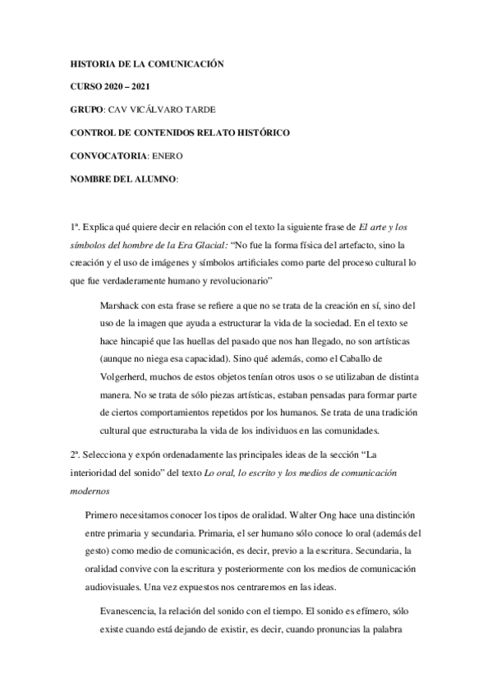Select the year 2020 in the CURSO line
click(x=120, y=85)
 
